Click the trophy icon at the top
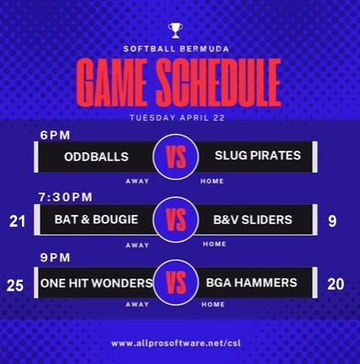pyautogui.click(x=175, y=30)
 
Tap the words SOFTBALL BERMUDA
pyautogui.click(x=176, y=49)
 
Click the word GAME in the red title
pyautogui.click(x=112, y=83)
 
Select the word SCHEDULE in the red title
pyautogui.click(x=219, y=82)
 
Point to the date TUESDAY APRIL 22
pyautogui.click(x=177, y=118)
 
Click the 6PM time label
pyautogui.click(x=55, y=135)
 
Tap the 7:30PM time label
pyautogui.click(x=65, y=197)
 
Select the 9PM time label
pyautogui.click(x=55, y=257)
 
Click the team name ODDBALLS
pyautogui.click(x=97, y=157)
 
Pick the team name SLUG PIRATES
pyautogui.click(x=258, y=156)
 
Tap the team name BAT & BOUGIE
pyautogui.click(x=97, y=219)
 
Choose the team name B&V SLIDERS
pyautogui.click(x=252, y=220)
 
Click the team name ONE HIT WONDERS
pyautogui.click(x=97, y=283)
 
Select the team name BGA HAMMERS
pyautogui.click(x=252, y=283)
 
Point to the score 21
pyautogui.click(x=17, y=222)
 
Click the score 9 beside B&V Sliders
pyautogui.click(x=332, y=221)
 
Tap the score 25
pyautogui.click(x=15, y=285)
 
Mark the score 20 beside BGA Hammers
pyautogui.click(x=335, y=284)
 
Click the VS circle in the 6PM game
pyautogui.click(x=176, y=157)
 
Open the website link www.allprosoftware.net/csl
pyautogui.click(x=176, y=344)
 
